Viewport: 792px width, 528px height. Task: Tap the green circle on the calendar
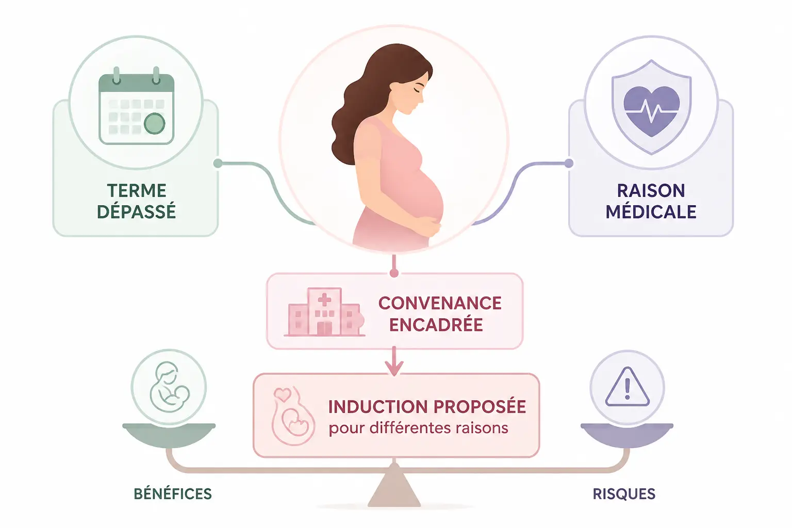[155, 123]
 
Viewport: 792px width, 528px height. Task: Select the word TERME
[137, 191]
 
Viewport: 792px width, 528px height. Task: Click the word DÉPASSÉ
[137, 211]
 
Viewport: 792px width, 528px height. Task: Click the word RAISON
[651, 191]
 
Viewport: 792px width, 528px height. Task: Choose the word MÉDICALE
[651, 211]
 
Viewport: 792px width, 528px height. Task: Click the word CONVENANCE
[440, 303]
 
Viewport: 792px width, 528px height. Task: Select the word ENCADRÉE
[436, 324]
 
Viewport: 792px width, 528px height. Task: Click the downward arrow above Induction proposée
[394, 361]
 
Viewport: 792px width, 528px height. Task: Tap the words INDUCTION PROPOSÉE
[427, 406]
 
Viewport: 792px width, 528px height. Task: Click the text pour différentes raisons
[419, 428]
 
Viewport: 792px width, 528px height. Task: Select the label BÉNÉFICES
[173, 493]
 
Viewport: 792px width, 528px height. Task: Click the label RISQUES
[624, 493]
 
